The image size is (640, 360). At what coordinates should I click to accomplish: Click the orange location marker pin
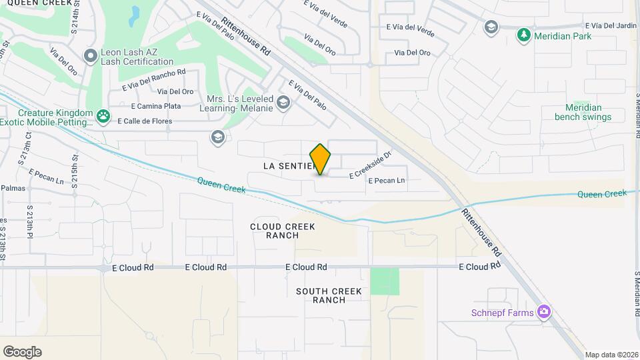(320, 159)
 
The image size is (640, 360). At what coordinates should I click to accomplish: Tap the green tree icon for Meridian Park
(525, 35)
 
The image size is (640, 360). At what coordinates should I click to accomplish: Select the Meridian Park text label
(563, 36)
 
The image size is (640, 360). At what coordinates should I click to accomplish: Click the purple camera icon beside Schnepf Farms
(545, 312)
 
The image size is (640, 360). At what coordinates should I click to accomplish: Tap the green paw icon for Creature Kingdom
(103, 117)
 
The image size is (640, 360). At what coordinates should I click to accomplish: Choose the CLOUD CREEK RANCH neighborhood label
(282, 231)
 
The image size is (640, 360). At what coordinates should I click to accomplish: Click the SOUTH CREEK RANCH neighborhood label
(329, 295)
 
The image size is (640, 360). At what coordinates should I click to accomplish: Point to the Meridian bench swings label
(583, 112)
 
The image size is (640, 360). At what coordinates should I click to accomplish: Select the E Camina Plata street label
(156, 106)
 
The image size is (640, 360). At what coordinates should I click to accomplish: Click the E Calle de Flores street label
(145, 121)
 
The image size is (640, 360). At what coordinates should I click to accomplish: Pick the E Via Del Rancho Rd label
(153, 80)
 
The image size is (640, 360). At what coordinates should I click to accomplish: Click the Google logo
(22, 351)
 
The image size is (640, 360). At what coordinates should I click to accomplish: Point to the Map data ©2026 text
(610, 355)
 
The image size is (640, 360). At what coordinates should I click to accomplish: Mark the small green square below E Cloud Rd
(385, 281)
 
